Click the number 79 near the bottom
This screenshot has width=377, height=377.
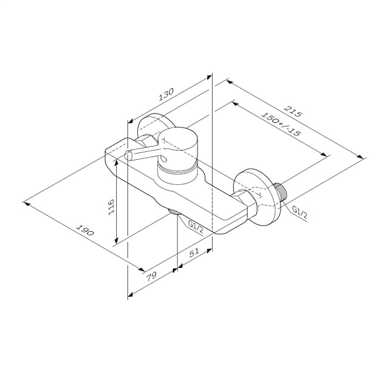click(151, 275)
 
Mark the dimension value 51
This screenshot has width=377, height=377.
click(194, 252)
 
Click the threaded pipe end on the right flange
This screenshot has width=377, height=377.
click(282, 192)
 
